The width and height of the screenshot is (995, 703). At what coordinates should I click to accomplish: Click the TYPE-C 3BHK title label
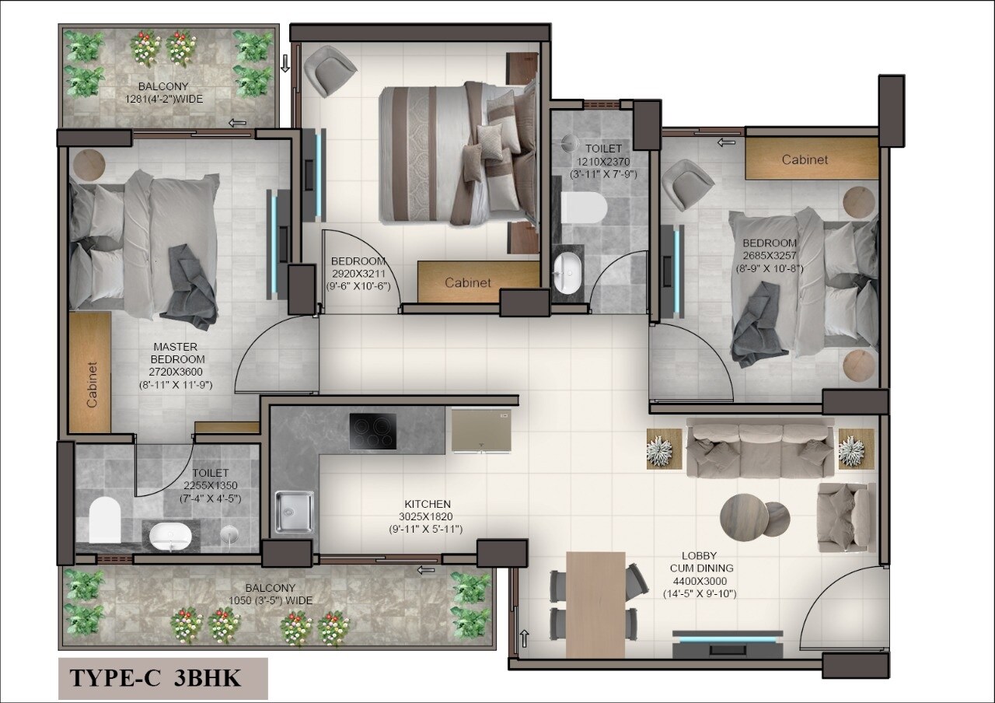(156, 678)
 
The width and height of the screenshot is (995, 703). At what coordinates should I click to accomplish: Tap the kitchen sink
(294, 511)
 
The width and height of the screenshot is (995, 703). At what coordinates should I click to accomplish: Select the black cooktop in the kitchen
(372, 432)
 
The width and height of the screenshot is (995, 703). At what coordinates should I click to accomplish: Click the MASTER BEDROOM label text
(175, 353)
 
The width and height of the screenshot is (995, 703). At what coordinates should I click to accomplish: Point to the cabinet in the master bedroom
(90, 372)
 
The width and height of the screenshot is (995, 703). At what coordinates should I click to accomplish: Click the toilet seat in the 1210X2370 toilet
(582, 208)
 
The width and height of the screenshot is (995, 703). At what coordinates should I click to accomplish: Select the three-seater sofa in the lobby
(759, 450)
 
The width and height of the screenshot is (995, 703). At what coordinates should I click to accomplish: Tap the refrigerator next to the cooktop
(481, 429)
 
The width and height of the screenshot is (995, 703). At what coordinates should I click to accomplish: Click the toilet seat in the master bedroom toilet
(105, 519)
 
